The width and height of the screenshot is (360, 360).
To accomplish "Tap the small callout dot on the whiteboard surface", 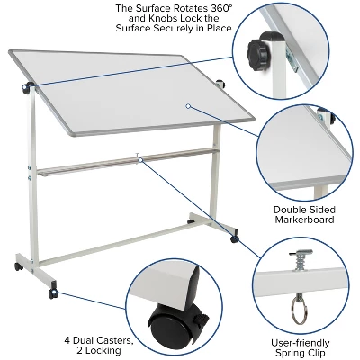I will (188, 106).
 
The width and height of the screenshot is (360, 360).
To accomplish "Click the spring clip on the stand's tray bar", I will (138, 157).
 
